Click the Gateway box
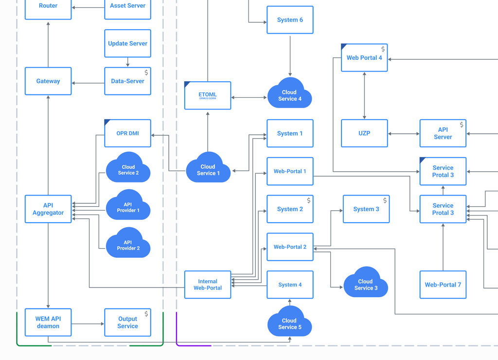[x=48, y=81]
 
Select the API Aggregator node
[x=48, y=209]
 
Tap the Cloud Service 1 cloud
[x=208, y=169]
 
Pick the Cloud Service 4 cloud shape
[x=289, y=94]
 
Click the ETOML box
[x=208, y=96]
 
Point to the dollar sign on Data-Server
[x=146, y=72]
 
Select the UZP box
[x=364, y=133]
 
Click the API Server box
[x=443, y=133]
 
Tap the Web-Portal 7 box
[x=443, y=285]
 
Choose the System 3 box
[x=366, y=209]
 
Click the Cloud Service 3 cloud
[x=365, y=284]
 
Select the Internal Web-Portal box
[x=208, y=285]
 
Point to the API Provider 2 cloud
[x=128, y=244]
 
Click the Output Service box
[x=127, y=323]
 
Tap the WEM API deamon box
[x=48, y=323]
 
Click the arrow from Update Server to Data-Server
[x=127, y=62]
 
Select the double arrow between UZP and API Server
[x=404, y=133]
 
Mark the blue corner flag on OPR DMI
[x=107, y=122]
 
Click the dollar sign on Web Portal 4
[x=383, y=49]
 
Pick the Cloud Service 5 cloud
[x=289, y=323]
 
